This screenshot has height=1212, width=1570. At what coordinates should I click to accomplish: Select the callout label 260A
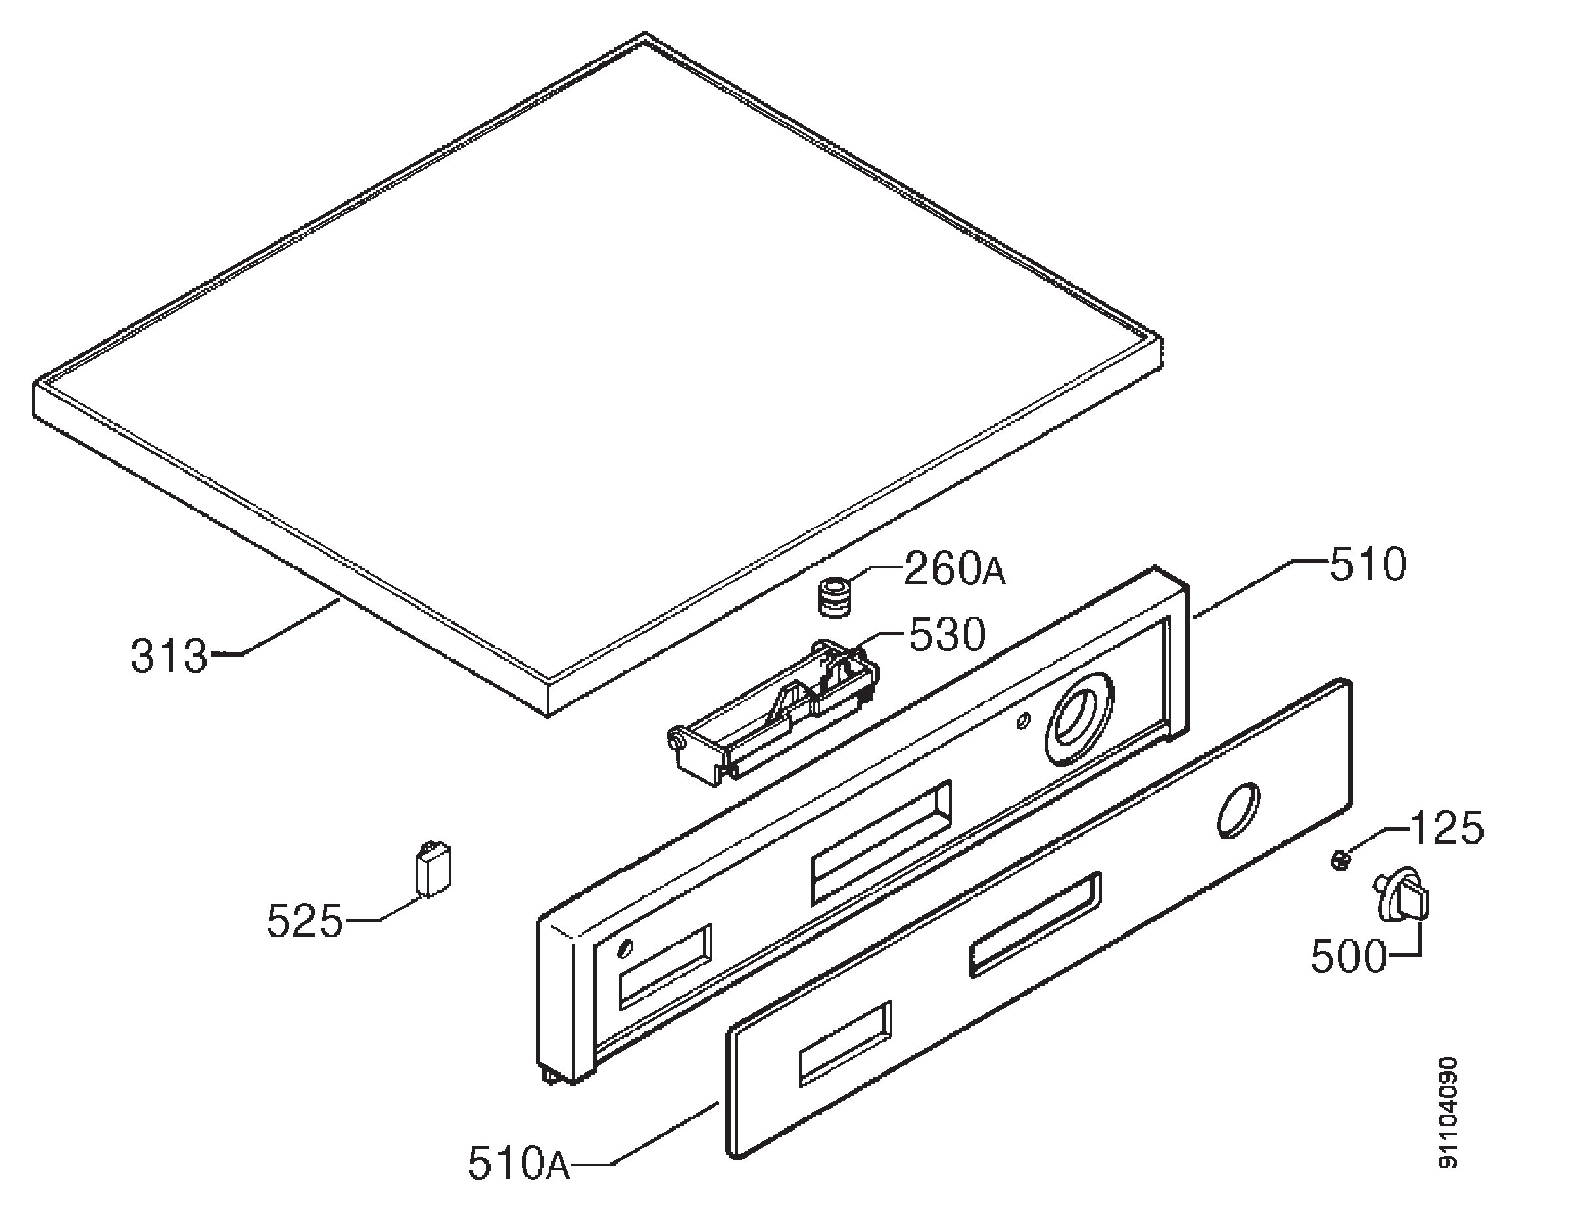(x=954, y=569)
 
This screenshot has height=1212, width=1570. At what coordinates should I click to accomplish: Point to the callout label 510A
(x=518, y=1164)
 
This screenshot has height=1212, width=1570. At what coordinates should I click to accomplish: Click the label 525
(x=304, y=921)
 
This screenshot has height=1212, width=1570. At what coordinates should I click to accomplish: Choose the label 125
(x=1446, y=829)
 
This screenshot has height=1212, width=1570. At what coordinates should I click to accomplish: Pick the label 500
(x=1348, y=957)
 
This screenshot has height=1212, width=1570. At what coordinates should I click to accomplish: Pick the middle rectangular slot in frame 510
(x=881, y=842)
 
